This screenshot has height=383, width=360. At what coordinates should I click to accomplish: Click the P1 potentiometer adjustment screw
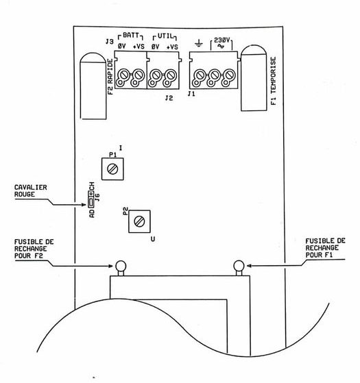tap(112, 169)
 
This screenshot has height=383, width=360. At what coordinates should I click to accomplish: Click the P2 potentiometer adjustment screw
tap(139, 221)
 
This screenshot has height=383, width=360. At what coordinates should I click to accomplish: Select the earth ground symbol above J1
tap(198, 43)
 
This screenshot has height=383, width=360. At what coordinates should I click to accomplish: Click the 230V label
tap(221, 40)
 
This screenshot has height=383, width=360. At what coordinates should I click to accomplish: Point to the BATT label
tap(130, 35)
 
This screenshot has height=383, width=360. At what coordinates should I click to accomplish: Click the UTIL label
tap(165, 36)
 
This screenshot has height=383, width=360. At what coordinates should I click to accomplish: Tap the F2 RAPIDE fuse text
tap(110, 77)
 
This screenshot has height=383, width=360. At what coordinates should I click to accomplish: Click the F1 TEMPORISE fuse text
tap(274, 81)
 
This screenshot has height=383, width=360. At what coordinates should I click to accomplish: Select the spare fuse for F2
tap(121, 268)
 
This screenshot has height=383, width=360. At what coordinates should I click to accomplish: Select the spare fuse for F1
tap(239, 268)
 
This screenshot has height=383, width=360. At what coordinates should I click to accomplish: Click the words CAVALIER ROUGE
tap(31, 190)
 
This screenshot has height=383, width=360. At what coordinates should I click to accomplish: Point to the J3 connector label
tap(109, 42)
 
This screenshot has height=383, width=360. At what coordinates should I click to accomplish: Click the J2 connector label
tap(169, 98)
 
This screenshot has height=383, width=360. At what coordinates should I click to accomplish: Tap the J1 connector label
tap(191, 94)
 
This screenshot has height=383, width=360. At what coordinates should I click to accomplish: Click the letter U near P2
tap(153, 239)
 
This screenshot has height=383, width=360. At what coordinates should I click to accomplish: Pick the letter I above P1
tap(121, 148)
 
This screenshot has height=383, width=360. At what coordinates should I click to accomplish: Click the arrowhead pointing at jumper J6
tap(84, 205)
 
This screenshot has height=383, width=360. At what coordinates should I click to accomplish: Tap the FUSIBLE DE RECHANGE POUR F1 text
tap(325, 248)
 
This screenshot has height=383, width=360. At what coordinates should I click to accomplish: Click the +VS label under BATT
tap(139, 47)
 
